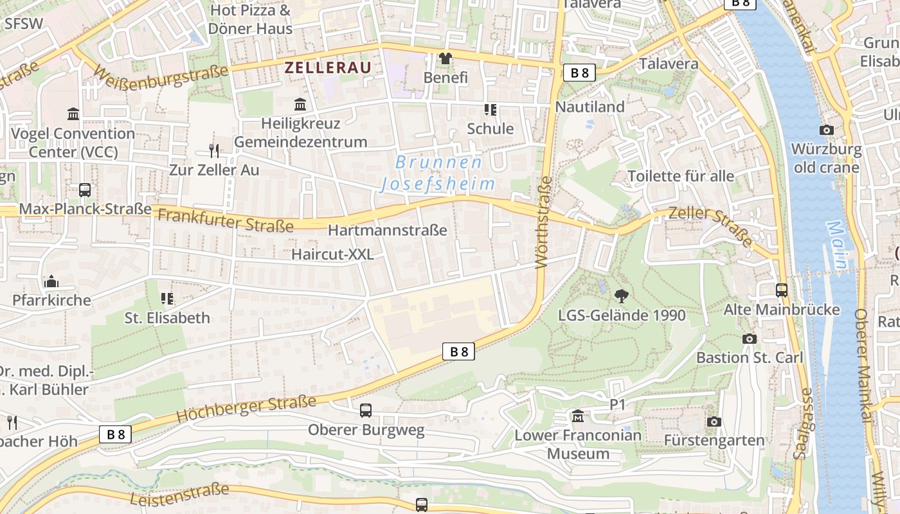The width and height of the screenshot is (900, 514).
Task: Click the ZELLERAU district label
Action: click(x=328, y=67)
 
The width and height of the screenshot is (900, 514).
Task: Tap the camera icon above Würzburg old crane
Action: click(x=827, y=130)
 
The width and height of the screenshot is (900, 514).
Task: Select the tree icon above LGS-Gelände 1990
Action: click(x=622, y=296)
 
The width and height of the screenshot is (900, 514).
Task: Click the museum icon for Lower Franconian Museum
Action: click(x=578, y=417)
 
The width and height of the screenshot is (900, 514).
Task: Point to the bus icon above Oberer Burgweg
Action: click(x=366, y=410)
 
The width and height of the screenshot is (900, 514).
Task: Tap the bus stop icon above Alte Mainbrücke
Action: click(x=782, y=290)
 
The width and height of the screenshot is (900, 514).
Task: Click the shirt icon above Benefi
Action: click(x=446, y=58)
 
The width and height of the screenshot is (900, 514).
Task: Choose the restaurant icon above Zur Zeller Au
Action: click(x=214, y=151)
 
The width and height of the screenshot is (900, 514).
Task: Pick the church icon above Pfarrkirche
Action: click(x=51, y=281)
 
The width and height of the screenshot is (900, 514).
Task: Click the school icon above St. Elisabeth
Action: click(x=167, y=299)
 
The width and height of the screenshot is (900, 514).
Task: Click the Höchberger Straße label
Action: click(x=246, y=409)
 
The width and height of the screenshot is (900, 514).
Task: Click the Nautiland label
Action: click(x=589, y=107)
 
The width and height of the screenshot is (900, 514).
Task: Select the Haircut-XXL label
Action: click(x=332, y=254)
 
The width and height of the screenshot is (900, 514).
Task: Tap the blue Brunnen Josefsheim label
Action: click(x=438, y=173)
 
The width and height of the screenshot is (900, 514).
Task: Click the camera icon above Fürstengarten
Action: click(x=714, y=422)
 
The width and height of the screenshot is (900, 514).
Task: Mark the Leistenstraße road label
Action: click(x=179, y=495)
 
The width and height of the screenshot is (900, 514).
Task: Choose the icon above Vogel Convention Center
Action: click(x=73, y=114)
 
